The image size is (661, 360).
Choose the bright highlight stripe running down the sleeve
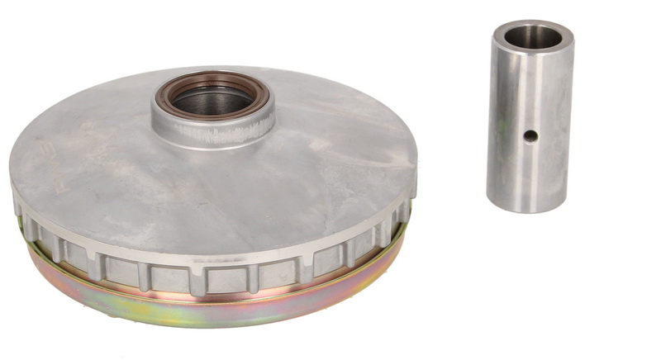(506, 124)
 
